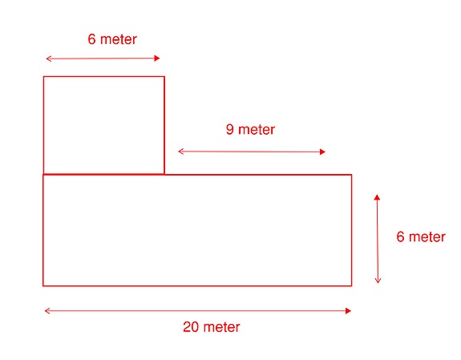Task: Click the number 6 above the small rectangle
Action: point(91,39)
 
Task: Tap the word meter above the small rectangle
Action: point(119,39)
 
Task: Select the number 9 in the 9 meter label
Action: point(230,129)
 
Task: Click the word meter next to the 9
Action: point(257,130)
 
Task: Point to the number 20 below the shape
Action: point(191,327)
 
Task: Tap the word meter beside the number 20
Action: point(221,327)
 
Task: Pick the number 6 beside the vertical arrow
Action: point(400,237)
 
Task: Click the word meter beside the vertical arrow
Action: point(427,237)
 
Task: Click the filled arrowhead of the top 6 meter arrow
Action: point(157,59)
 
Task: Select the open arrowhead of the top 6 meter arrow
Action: point(49,59)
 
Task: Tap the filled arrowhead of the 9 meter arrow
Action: point(322,152)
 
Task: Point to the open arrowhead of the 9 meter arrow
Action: point(181,152)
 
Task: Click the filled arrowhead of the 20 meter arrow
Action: point(349,311)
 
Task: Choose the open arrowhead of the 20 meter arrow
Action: point(47,311)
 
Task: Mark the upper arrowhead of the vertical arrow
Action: point(377,197)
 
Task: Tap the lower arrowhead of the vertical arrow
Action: point(378,281)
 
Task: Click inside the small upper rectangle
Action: point(103,125)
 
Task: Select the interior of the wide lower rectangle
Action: point(197,230)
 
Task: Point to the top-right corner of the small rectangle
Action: point(164,76)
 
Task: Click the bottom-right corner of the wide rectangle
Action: point(352,286)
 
